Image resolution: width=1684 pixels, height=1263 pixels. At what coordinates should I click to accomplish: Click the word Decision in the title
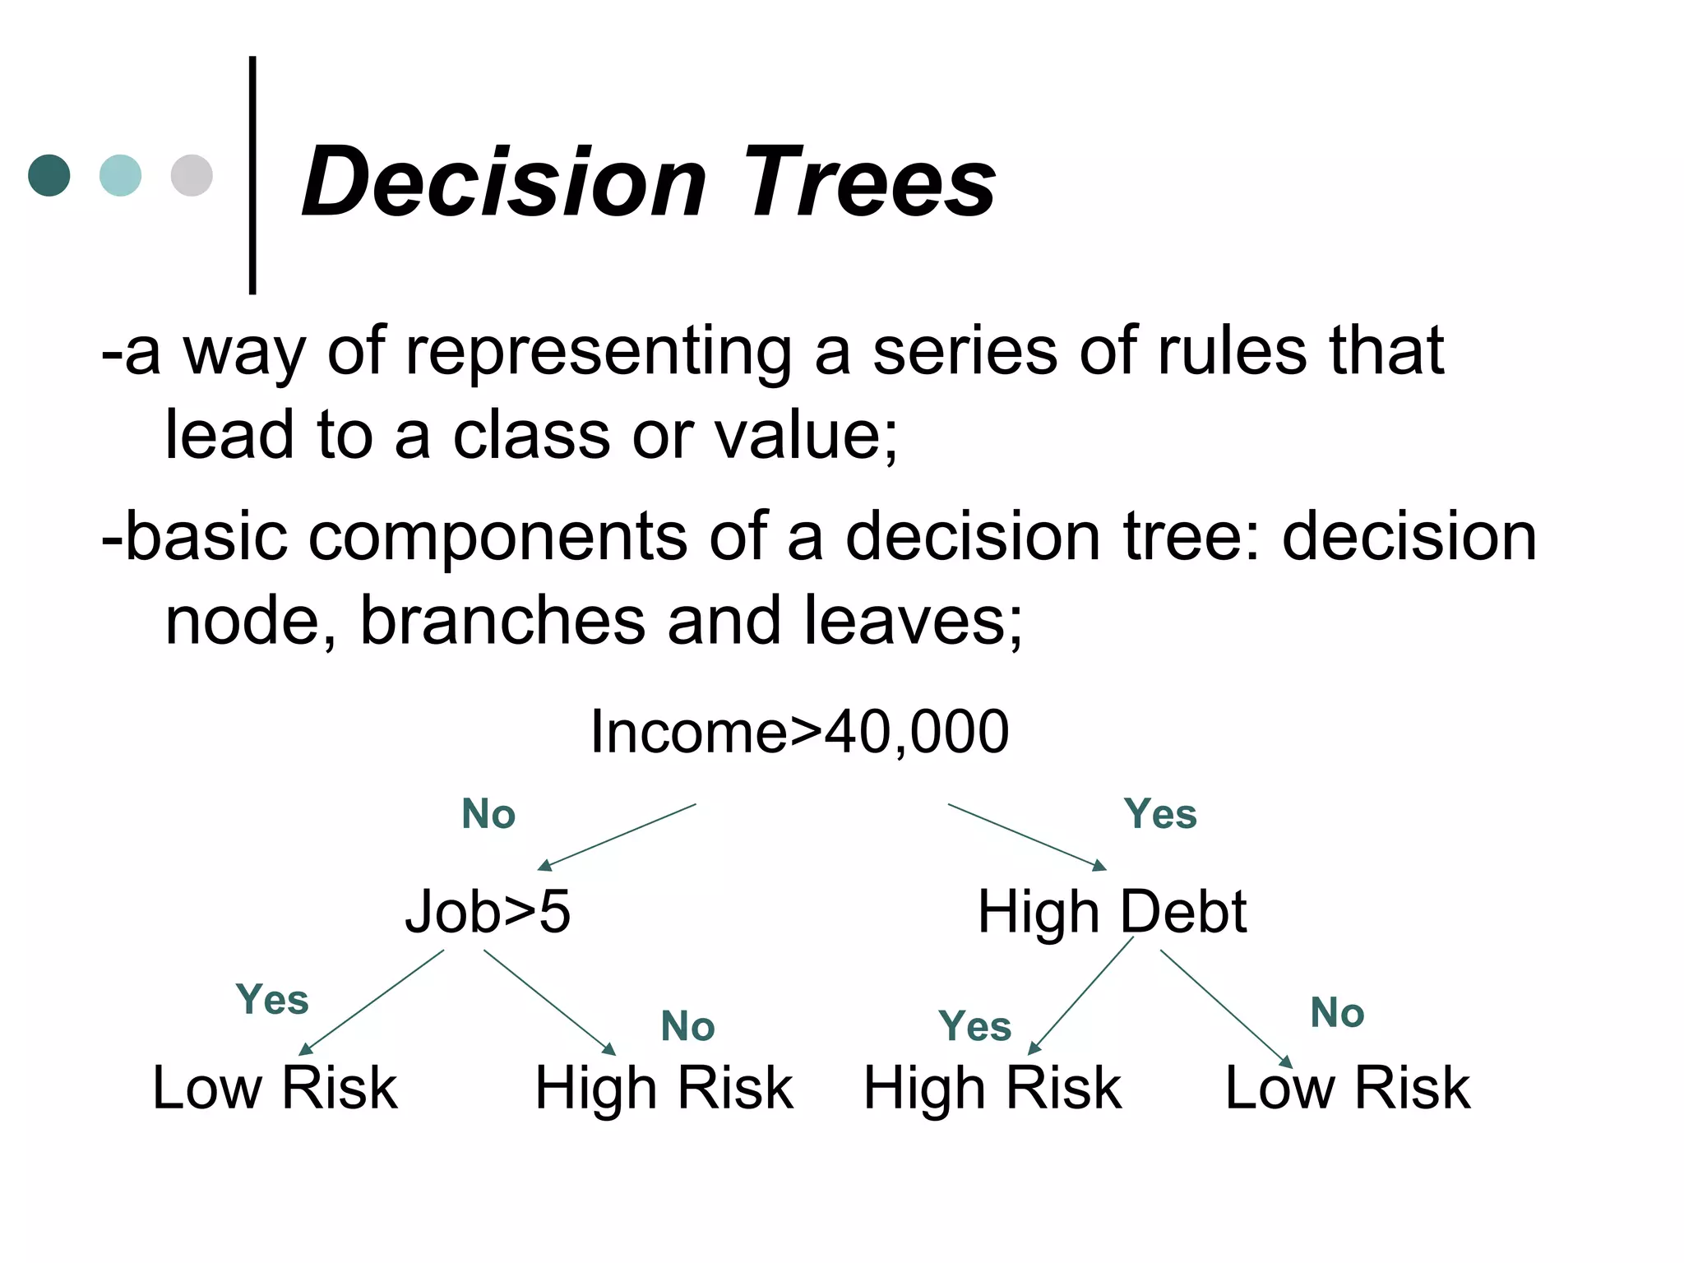[x=503, y=182]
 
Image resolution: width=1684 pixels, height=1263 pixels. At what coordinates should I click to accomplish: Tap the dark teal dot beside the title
[x=49, y=175]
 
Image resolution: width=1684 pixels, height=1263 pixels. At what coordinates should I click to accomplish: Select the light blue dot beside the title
[x=120, y=175]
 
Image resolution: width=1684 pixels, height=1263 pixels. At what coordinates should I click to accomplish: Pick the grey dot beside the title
[x=192, y=175]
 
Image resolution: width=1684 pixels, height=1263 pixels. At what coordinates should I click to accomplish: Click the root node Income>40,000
[x=799, y=731]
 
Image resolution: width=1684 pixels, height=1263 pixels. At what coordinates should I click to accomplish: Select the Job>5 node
[x=488, y=911]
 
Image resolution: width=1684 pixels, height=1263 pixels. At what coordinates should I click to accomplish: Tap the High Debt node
[x=1112, y=911]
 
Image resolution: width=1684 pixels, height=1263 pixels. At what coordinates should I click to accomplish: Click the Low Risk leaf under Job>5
[x=275, y=1087]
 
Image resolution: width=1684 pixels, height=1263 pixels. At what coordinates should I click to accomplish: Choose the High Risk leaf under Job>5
[x=664, y=1087]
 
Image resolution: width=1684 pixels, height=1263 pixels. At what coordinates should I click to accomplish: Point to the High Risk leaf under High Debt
[x=992, y=1087]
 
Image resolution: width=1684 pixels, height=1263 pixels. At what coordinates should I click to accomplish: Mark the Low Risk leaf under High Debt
[x=1348, y=1087]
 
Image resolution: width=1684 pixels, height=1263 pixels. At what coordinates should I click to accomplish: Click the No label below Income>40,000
[x=488, y=814]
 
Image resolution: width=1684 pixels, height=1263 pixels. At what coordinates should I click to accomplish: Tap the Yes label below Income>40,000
[x=1160, y=814]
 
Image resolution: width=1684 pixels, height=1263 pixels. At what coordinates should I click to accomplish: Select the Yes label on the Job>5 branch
[x=272, y=1000]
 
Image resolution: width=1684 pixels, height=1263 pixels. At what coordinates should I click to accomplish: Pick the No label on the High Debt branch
[x=1337, y=1012]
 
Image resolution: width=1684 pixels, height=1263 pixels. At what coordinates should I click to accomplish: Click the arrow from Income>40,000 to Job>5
[x=617, y=836]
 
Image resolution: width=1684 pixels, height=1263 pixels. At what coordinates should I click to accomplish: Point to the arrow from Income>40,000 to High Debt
[x=1027, y=836]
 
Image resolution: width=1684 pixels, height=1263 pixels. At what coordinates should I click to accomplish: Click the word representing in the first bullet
[x=599, y=353]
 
